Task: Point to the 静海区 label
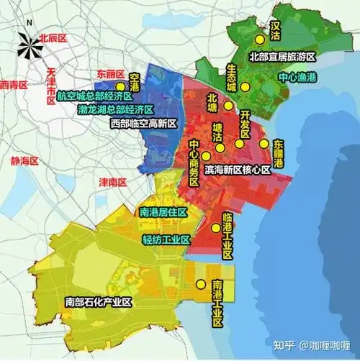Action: pyautogui.click(x=24, y=160)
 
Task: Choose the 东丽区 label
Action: pyautogui.click(x=110, y=75)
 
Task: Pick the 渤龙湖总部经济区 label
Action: pyautogui.click(x=115, y=110)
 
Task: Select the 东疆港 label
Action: pyautogui.click(x=278, y=153)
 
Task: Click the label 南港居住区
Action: pyautogui.click(x=163, y=212)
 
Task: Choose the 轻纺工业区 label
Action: pyautogui.click(x=166, y=239)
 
